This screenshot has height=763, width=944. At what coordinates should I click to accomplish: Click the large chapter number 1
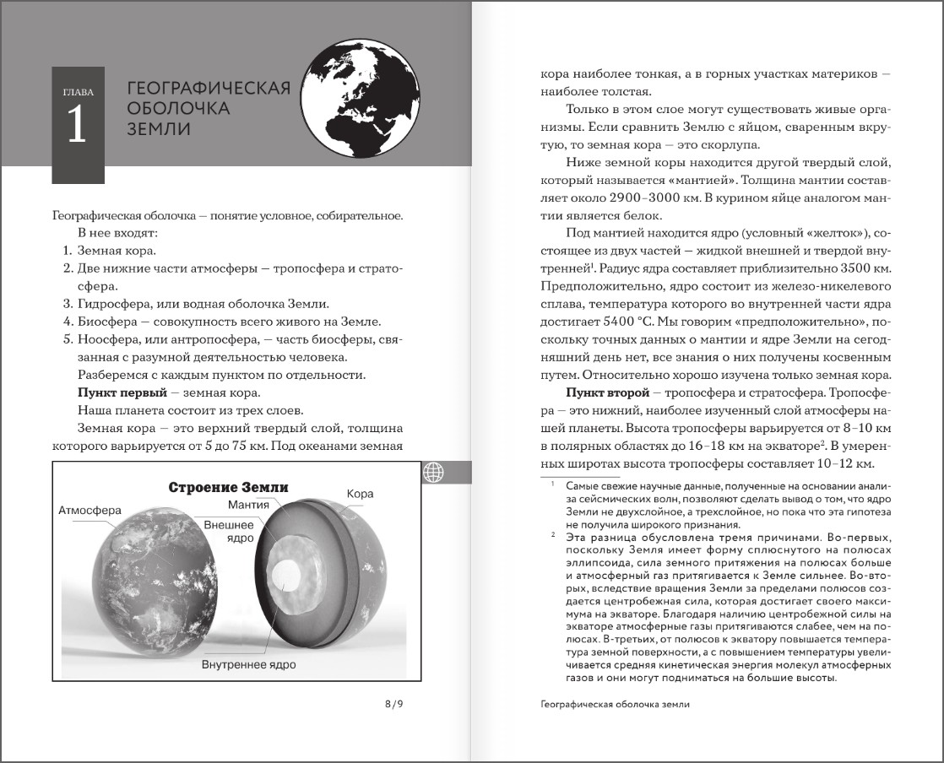point(78,126)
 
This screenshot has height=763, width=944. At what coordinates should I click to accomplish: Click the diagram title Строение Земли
point(228,487)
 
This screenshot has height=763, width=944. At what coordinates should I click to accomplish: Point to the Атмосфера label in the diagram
point(90,511)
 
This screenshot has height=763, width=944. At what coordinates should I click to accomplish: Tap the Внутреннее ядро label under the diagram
point(248,664)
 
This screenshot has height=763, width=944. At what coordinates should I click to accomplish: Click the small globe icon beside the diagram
point(434,473)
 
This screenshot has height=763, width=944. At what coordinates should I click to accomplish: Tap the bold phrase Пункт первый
point(117,392)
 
